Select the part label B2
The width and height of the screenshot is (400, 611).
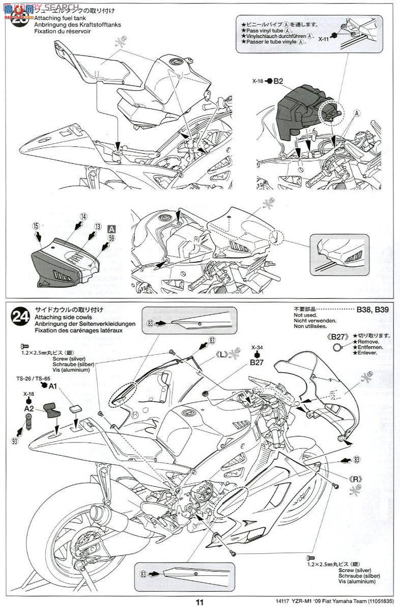click(278, 80)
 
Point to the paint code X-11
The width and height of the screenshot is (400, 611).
click(324, 38)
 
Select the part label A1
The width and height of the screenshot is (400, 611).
click(52, 386)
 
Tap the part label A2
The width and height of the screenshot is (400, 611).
click(28, 408)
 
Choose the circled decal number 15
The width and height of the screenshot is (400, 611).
click(35, 225)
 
